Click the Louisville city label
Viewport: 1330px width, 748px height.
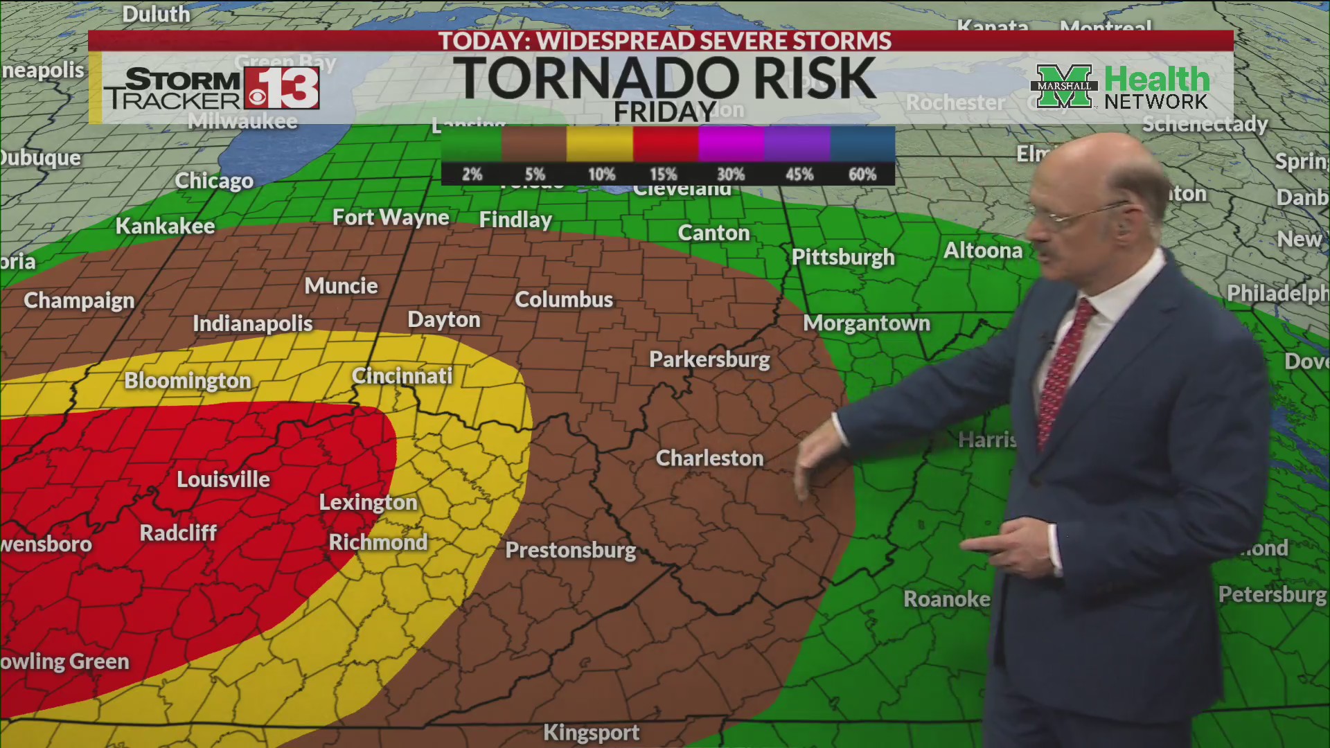[x=223, y=479]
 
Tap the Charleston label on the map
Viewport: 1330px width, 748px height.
[x=709, y=458]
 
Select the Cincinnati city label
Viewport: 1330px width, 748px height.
[x=402, y=375]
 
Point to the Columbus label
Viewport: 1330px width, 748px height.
[x=564, y=299]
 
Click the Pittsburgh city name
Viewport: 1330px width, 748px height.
[x=843, y=257]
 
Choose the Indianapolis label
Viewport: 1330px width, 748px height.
[x=252, y=323]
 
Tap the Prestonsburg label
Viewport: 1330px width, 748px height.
[x=570, y=550]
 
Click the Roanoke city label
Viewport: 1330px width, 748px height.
[x=946, y=599]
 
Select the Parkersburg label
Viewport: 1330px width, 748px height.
[x=709, y=359]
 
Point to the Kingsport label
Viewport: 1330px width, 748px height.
[x=591, y=732]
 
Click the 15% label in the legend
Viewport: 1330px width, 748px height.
[x=663, y=175]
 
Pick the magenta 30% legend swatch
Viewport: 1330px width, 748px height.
[x=731, y=143]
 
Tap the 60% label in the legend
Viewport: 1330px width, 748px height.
[x=862, y=175]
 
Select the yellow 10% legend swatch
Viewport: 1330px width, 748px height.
[x=599, y=143]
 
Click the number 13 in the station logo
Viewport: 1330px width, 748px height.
[x=291, y=88]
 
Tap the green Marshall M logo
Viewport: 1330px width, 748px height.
[x=1064, y=87]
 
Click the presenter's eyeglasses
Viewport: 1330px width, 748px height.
[x=1081, y=215]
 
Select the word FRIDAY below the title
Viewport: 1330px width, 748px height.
[x=664, y=112]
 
